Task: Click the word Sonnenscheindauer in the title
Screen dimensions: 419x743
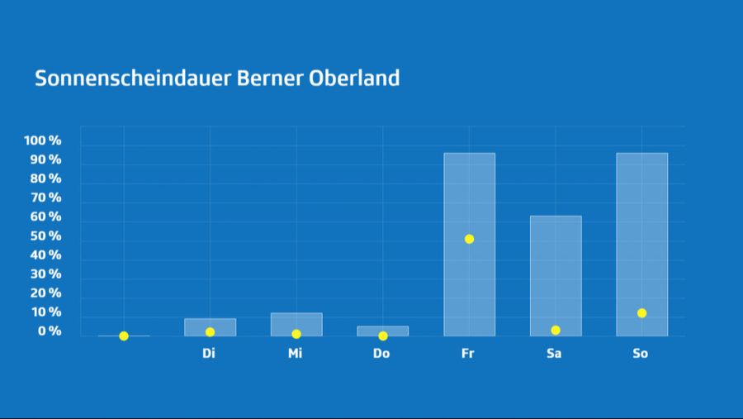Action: [133, 79]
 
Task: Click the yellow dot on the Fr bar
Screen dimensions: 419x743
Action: [469, 239]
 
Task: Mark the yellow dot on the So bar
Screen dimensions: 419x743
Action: [641, 313]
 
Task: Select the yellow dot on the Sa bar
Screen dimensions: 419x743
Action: [556, 331]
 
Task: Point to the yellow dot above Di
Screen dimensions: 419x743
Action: [210, 332]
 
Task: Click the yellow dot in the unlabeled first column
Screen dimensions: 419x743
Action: [124, 336]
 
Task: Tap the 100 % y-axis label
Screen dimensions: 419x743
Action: [43, 140]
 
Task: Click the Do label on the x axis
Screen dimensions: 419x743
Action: [381, 354]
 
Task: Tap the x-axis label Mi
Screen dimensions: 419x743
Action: [296, 354]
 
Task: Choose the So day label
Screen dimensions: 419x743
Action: [641, 354]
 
